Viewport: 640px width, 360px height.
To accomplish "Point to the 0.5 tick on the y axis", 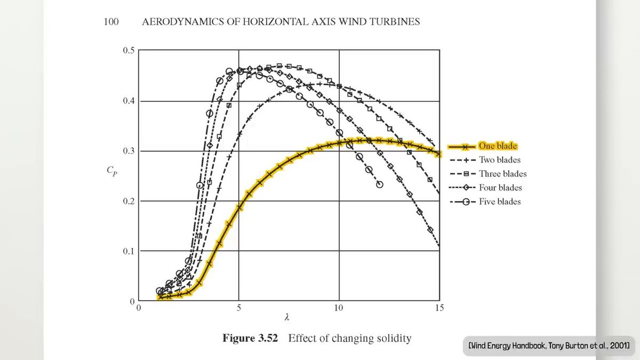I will click(x=129, y=51).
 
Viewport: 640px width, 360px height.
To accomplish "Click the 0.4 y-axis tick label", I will click(x=129, y=101).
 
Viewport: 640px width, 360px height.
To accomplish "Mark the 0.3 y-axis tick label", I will click(x=129, y=151).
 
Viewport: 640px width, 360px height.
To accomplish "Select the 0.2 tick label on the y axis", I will click(x=129, y=201).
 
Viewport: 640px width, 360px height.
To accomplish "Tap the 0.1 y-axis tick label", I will click(x=129, y=251).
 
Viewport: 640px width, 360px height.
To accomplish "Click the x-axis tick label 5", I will click(x=239, y=308).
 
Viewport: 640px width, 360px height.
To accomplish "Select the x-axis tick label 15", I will click(x=439, y=308).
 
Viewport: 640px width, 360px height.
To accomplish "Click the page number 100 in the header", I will click(x=110, y=22).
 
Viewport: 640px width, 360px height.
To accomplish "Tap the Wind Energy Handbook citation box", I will click(x=549, y=346).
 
